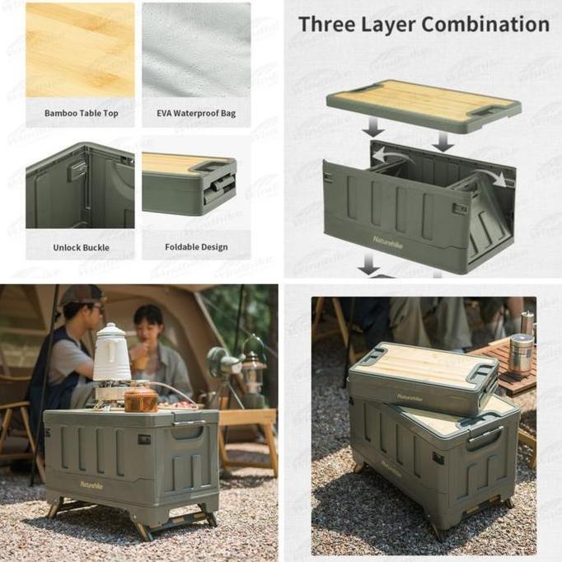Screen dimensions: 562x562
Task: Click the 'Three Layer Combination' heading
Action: [x=424, y=24]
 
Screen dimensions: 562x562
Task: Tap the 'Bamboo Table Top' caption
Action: [x=81, y=113]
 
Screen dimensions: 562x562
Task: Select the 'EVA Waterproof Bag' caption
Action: [x=196, y=113]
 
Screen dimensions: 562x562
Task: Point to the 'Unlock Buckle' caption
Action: [x=81, y=246]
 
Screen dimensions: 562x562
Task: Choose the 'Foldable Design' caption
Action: [x=196, y=246]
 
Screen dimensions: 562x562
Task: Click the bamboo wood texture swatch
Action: [x=80, y=49]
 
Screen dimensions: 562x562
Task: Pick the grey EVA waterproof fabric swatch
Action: [x=196, y=49]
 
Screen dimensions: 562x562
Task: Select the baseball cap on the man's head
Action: [x=82, y=294]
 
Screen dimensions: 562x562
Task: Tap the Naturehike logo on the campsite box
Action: [x=92, y=484]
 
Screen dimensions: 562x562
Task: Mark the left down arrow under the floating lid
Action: [x=373, y=127]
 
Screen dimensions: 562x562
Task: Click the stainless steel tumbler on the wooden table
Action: [x=520, y=354]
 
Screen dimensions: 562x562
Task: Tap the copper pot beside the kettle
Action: [x=141, y=400]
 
